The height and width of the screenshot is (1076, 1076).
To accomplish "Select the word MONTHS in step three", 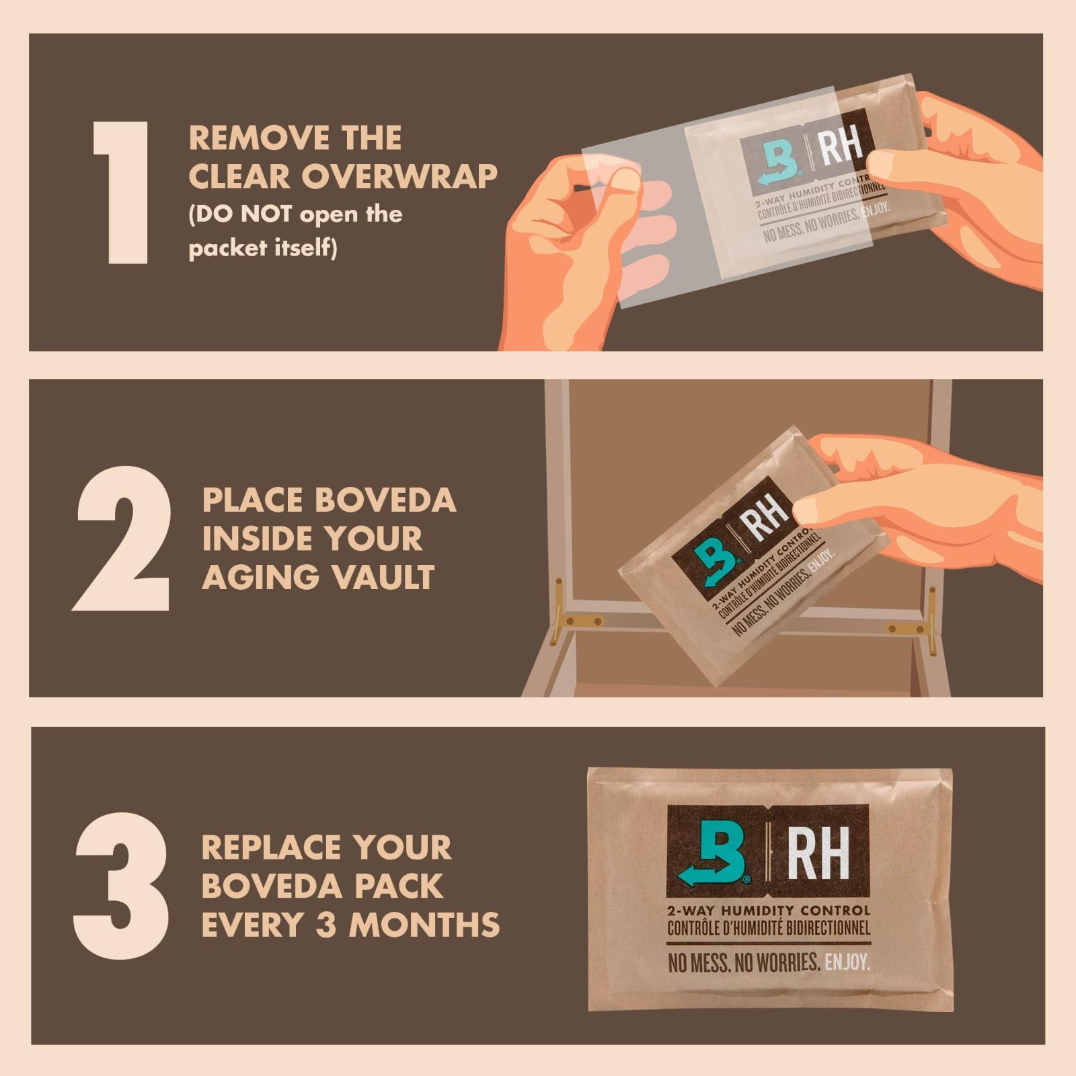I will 424,925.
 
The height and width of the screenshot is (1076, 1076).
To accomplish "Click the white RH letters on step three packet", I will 817,853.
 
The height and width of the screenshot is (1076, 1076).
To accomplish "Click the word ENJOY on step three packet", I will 847,962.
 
